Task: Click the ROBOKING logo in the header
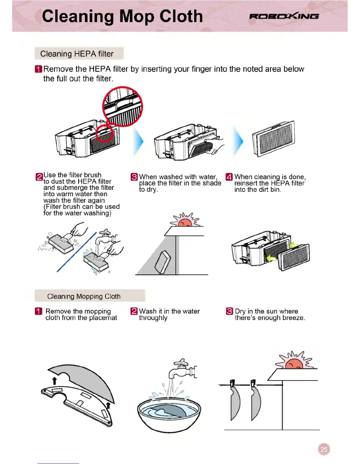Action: tap(284, 16)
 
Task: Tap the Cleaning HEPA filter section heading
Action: tap(77, 54)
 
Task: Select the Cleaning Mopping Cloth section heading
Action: tap(84, 296)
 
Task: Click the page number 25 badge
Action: tap(324, 449)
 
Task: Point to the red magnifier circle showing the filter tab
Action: tap(122, 106)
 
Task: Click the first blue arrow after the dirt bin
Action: tap(138, 142)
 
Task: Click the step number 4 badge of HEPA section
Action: tap(229, 177)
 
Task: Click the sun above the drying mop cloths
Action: tap(294, 362)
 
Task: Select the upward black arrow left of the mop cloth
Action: tap(54, 380)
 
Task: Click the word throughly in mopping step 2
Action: tap(153, 318)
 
